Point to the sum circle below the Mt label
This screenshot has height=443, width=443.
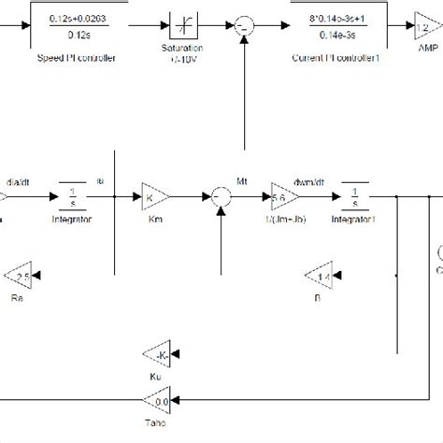(x=221, y=196)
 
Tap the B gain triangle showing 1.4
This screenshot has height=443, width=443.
(x=320, y=275)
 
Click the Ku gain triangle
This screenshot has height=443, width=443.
(x=156, y=352)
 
